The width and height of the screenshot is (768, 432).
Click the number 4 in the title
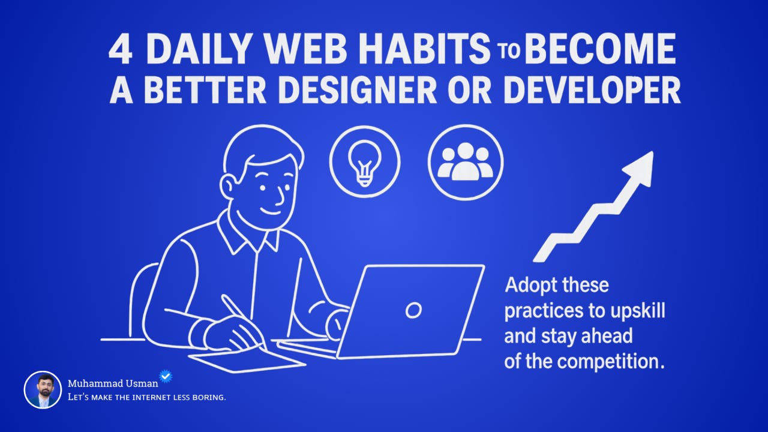click(120, 50)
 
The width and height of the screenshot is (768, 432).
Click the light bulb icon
click(364, 161)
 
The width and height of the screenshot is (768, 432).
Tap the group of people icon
click(465, 161)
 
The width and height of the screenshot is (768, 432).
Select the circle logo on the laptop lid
click(413, 310)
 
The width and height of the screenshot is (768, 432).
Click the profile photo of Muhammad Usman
click(43, 390)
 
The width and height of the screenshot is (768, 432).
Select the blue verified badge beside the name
click(166, 376)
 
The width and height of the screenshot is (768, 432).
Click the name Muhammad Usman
click(112, 383)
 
